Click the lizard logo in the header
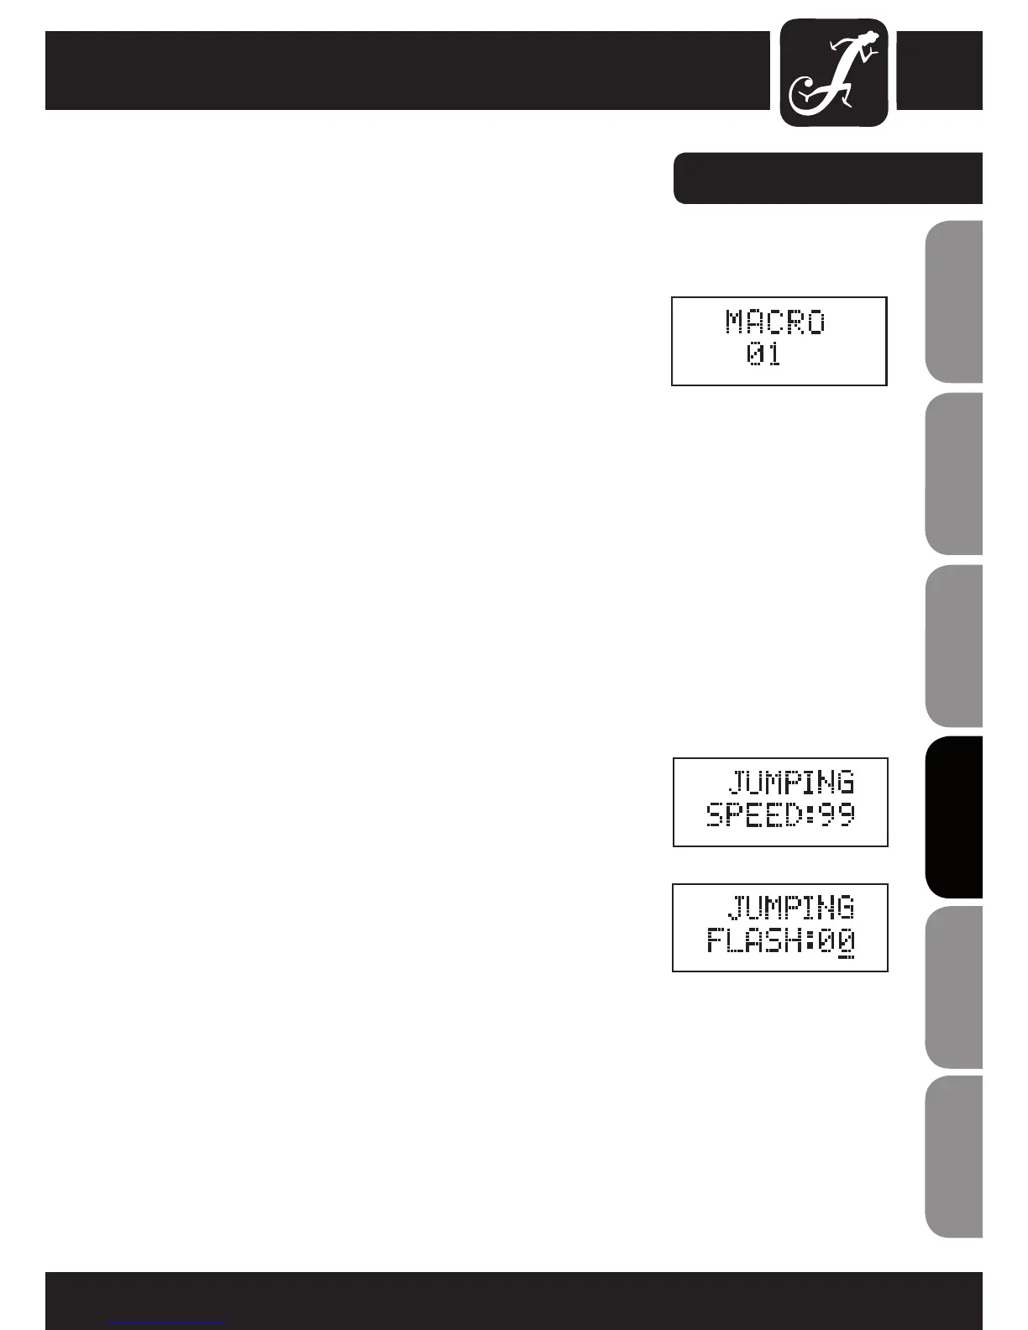[x=834, y=73]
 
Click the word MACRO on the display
[x=775, y=322]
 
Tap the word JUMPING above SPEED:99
[x=790, y=783]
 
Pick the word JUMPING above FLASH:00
[x=790, y=908]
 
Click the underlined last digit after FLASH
[x=846, y=941]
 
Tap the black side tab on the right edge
[x=954, y=817]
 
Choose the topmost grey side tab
[x=954, y=302]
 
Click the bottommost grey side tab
[x=954, y=1156]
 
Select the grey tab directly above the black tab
[x=954, y=646]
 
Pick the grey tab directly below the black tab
[x=954, y=987]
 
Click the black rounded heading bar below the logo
[x=828, y=178]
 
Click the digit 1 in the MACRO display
[x=773, y=355]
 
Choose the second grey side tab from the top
[x=954, y=474]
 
